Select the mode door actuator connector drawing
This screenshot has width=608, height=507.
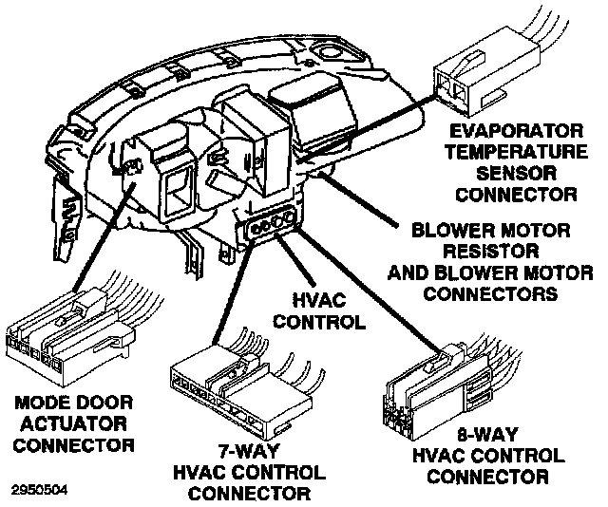66,338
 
